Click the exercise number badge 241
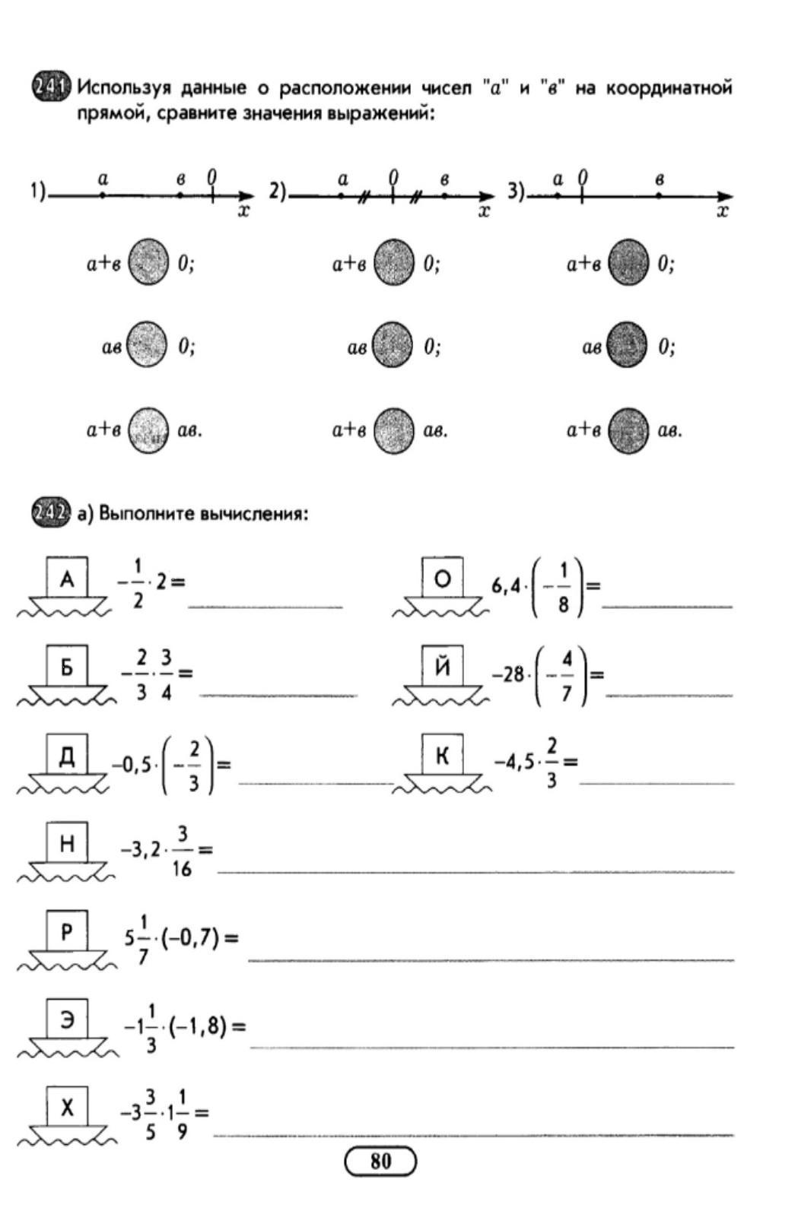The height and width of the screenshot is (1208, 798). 51,87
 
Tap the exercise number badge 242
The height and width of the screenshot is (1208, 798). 51,513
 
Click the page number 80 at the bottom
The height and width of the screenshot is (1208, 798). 381,1162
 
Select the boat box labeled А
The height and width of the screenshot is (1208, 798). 67,579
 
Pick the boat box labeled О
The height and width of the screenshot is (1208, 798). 443,579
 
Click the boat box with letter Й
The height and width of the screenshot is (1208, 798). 443,667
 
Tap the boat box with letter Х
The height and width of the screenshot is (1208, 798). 67,1108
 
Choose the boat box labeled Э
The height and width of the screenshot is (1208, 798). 67,1019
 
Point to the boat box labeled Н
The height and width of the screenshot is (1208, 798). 67,843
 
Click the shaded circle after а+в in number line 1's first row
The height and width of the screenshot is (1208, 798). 148,262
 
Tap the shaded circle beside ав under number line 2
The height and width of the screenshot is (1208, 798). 393,346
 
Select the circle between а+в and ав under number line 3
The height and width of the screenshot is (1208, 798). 629,430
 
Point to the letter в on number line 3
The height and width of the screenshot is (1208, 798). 660,179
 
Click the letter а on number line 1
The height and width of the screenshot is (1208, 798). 103,179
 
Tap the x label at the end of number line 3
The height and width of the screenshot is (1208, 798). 723,211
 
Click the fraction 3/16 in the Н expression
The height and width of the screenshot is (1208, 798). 182,851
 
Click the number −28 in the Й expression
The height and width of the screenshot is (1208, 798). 507,674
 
